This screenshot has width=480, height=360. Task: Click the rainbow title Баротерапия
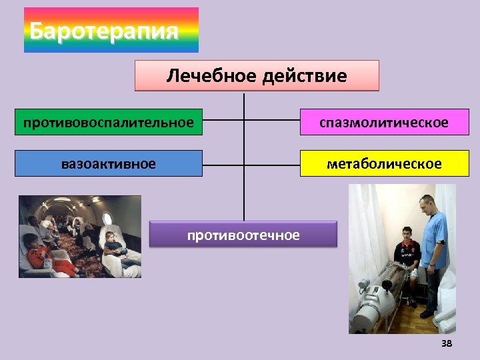[111, 30]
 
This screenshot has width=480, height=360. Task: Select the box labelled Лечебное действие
[257, 76]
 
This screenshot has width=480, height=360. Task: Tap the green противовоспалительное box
[109, 123]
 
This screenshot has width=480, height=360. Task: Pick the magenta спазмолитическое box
[384, 123]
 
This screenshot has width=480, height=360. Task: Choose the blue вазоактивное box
[109, 163]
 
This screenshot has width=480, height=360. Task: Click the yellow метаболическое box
[384, 163]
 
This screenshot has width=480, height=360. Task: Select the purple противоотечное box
[243, 235]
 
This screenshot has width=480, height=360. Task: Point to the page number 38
[447, 343]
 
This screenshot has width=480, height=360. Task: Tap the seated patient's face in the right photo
[405, 234]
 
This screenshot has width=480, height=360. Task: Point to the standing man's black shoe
[426, 313]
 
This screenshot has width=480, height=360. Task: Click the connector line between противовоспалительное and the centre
[223, 121]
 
